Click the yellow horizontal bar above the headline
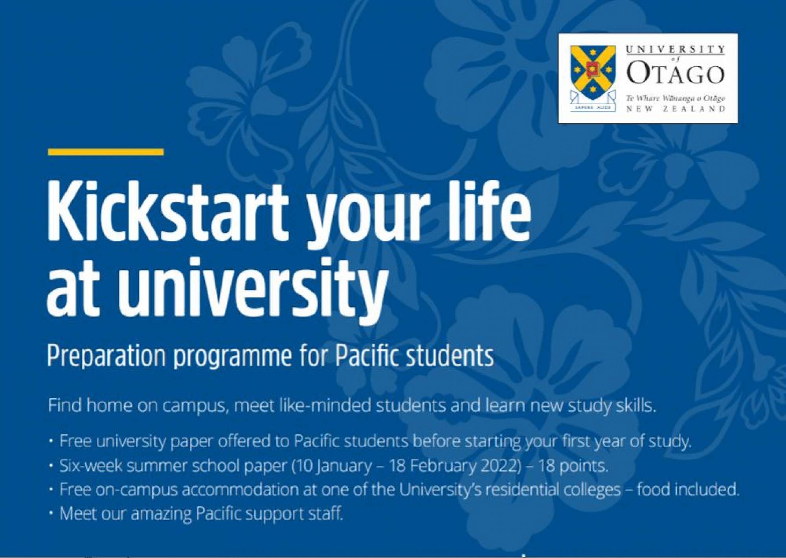(106, 152)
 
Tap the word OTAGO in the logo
(675, 73)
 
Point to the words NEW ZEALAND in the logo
(675, 109)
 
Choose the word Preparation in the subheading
(107, 356)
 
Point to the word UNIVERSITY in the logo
(675, 49)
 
